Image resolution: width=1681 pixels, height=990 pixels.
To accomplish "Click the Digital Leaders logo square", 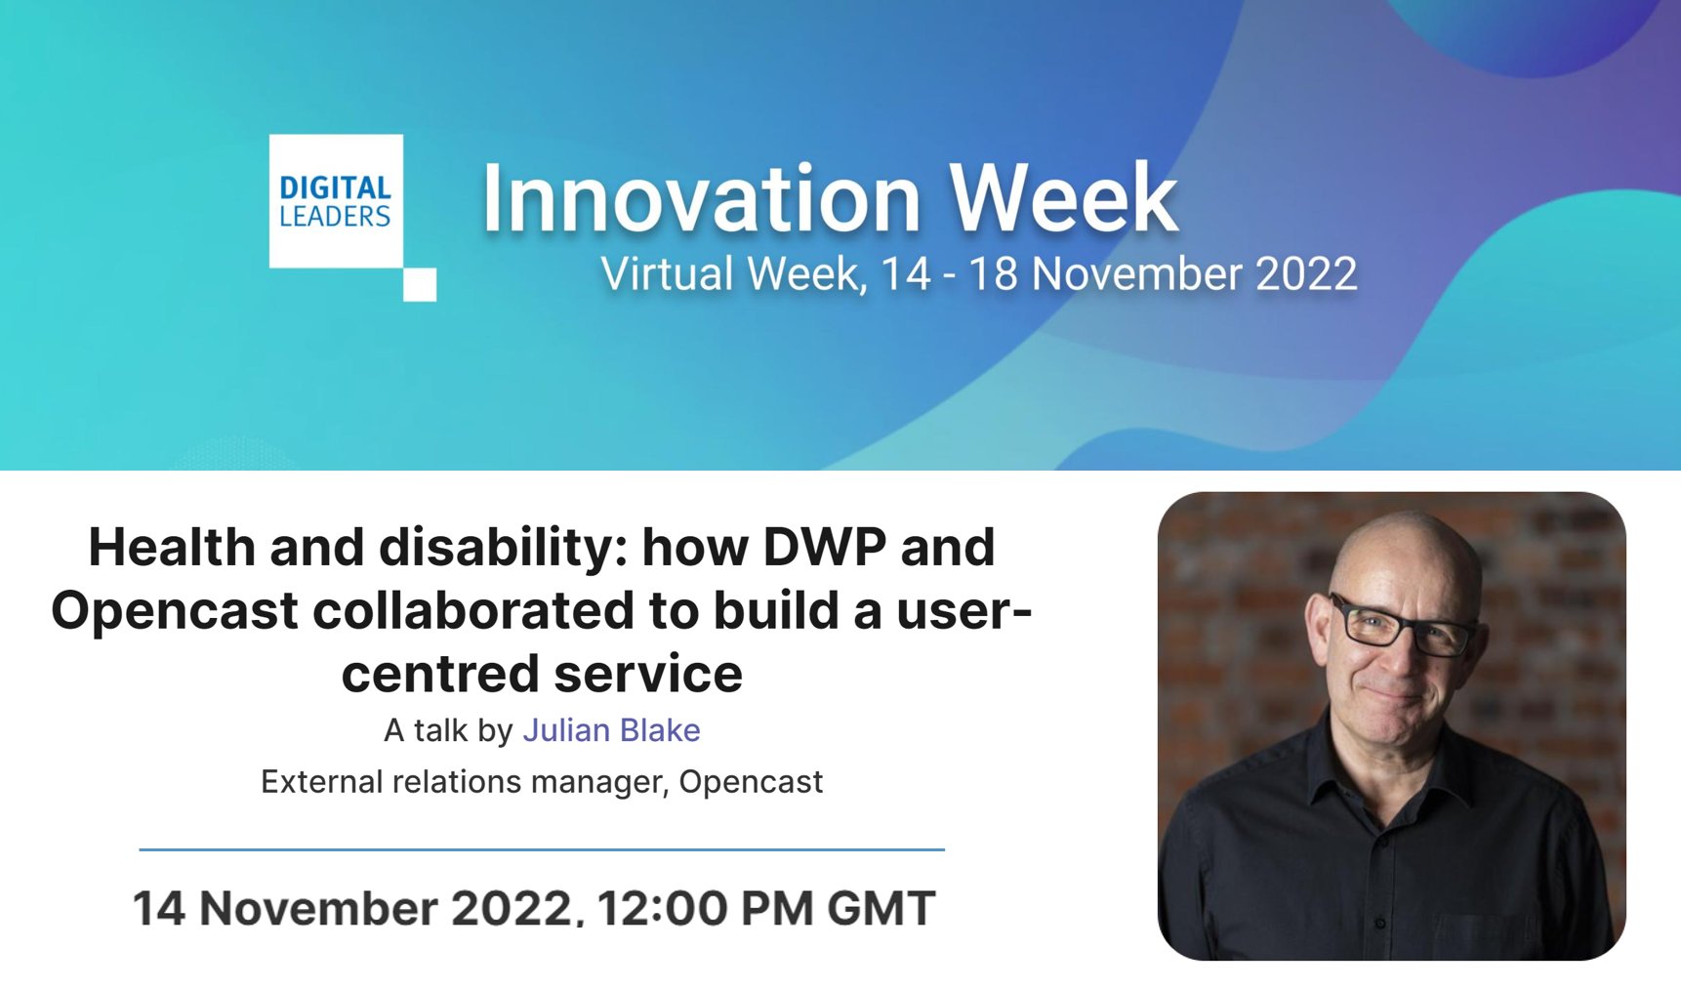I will tap(336, 201).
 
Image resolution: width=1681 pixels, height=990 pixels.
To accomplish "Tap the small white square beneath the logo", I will tap(420, 284).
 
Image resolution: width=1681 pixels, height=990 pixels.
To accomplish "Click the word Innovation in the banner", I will tap(702, 199).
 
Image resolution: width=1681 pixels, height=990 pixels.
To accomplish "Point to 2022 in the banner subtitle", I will tap(1305, 274).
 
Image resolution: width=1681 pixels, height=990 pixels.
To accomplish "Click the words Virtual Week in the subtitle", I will tap(731, 274).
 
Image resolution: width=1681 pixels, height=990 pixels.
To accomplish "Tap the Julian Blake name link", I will tap(611, 730).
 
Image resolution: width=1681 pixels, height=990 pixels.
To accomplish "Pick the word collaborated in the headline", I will tap(472, 611).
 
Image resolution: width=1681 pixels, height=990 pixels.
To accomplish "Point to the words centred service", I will tap(542, 675).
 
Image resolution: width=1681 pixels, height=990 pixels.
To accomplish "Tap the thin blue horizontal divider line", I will tap(542, 849).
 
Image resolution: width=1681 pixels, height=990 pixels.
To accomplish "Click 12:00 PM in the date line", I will tap(704, 909).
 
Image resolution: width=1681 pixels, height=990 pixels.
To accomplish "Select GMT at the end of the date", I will tap(881, 909).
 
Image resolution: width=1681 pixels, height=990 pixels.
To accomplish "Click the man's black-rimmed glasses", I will tap(1403, 626).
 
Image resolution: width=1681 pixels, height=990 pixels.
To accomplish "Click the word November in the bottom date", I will tap(318, 909).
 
